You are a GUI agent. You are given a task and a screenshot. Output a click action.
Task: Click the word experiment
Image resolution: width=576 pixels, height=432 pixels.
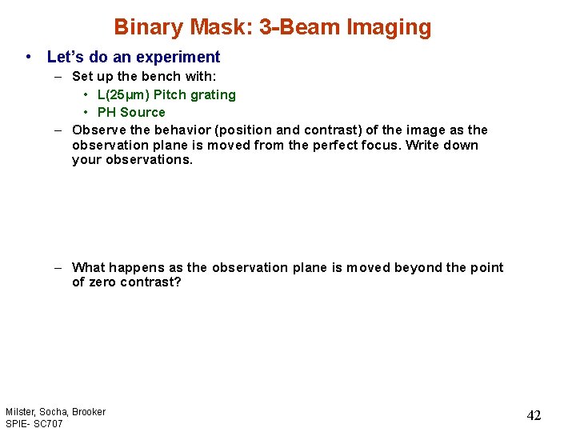pos(180,57)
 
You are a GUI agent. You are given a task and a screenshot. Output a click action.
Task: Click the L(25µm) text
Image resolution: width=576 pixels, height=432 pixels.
pos(123,95)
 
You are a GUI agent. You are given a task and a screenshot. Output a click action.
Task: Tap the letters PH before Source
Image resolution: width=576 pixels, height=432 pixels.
pos(106,113)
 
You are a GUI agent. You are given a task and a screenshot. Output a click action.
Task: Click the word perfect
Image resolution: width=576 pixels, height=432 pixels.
pos(352,146)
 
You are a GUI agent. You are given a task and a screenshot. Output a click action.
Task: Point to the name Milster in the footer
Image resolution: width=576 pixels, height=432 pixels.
pos(19,412)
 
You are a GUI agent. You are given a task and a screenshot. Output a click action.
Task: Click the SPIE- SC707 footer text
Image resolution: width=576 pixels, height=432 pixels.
pos(34,423)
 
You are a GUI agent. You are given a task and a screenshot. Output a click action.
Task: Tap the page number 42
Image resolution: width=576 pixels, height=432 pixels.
pos(534,415)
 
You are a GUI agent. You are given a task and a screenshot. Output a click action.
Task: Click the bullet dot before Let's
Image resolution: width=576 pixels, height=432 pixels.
pos(29,57)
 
